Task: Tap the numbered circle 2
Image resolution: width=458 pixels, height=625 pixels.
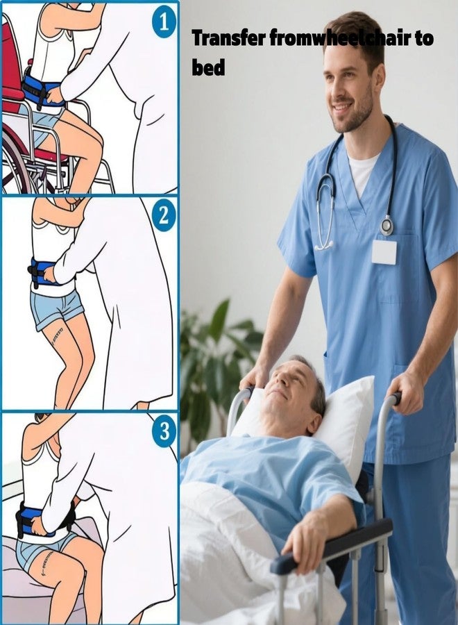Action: point(164,217)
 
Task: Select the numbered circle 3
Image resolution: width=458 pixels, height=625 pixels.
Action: point(164,431)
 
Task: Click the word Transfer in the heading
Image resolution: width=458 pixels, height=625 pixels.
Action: point(228,38)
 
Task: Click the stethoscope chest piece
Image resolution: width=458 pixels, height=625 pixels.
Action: point(387,225)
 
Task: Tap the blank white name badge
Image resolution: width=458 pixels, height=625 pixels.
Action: point(384,252)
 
